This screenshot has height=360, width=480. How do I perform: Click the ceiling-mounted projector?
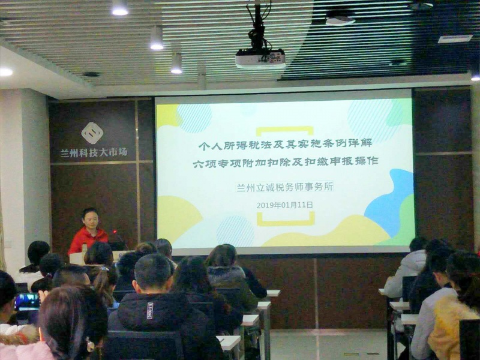(x=260, y=58)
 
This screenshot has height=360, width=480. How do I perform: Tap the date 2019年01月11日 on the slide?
(x=284, y=205)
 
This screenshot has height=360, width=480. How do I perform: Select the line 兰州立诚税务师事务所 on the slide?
(x=284, y=187)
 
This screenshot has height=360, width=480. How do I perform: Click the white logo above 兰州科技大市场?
(x=92, y=133)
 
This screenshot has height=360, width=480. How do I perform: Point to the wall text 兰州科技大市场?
(x=94, y=152)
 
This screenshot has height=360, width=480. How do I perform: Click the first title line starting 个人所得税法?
(x=286, y=144)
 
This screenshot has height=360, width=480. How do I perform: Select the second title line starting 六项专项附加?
(x=286, y=162)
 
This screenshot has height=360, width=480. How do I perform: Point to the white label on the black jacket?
(x=149, y=310)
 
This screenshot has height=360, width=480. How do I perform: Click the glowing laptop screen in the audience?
(x=27, y=301)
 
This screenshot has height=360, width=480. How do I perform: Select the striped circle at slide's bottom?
(x=235, y=231)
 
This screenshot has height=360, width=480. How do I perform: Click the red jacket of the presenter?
(x=87, y=239)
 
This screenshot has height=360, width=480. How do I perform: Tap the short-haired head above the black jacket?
(x=153, y=272)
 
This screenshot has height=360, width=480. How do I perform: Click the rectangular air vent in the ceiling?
(x=455, y=39)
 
